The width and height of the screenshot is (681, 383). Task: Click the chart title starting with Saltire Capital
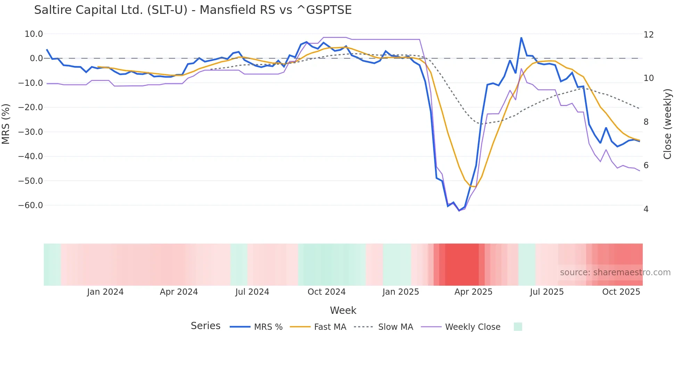[193, 10]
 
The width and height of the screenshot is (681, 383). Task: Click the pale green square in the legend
[518, 327]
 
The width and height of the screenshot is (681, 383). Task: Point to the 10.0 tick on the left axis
[34, 34]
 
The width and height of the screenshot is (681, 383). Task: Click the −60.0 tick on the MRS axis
[31, 205]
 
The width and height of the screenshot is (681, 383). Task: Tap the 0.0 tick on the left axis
[36, 58]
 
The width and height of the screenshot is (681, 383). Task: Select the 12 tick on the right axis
[648, 35]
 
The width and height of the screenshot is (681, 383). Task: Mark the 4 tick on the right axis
[646, 209]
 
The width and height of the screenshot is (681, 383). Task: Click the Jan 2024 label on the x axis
[105, 292]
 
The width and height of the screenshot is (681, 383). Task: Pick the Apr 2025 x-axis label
[473, 292]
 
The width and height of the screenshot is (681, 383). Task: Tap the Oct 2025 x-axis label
[621, 292]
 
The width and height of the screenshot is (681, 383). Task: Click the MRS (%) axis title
[6, 124]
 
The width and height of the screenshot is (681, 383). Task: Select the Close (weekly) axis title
[667, 124]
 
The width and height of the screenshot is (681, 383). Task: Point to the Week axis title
[343, 310]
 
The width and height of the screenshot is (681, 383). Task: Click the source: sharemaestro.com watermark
[615, 272]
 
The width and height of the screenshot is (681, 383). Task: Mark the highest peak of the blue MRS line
[521, 38]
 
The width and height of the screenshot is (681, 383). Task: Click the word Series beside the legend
[205, 326]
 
